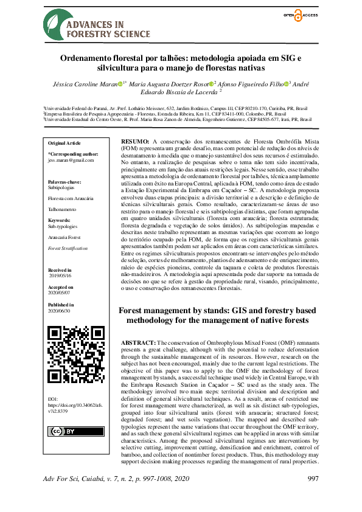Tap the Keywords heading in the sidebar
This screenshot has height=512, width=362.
point(59,221)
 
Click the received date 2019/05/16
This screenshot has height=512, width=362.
point(60,274)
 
